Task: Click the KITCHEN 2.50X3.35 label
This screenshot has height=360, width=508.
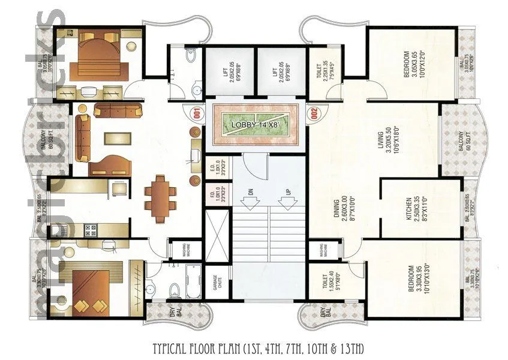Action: pyautogui.click(x=413, y=209)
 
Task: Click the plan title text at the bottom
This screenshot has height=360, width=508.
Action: pyautogui.click(x=254, y=349)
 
